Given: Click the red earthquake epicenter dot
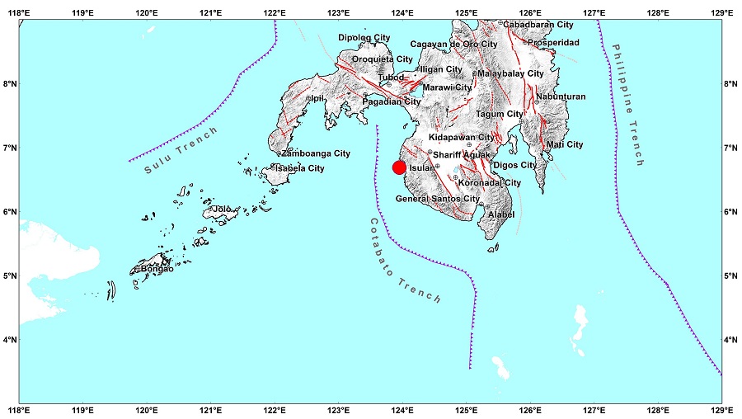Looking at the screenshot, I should tap(399, 167).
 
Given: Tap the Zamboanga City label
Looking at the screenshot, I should tap(316, 153).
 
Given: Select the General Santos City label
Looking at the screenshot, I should tap(438, 200).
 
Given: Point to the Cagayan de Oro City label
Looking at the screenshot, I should tap(453, 44).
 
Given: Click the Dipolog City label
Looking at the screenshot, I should tap(364, 38).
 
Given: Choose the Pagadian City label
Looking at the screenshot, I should tap(392, 101).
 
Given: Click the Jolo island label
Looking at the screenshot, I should tap(222, 209).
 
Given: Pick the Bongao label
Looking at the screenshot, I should tap(157, 269).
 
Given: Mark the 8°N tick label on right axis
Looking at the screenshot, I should tap(730, 83).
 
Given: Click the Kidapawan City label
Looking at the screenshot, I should tap(462, 137).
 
